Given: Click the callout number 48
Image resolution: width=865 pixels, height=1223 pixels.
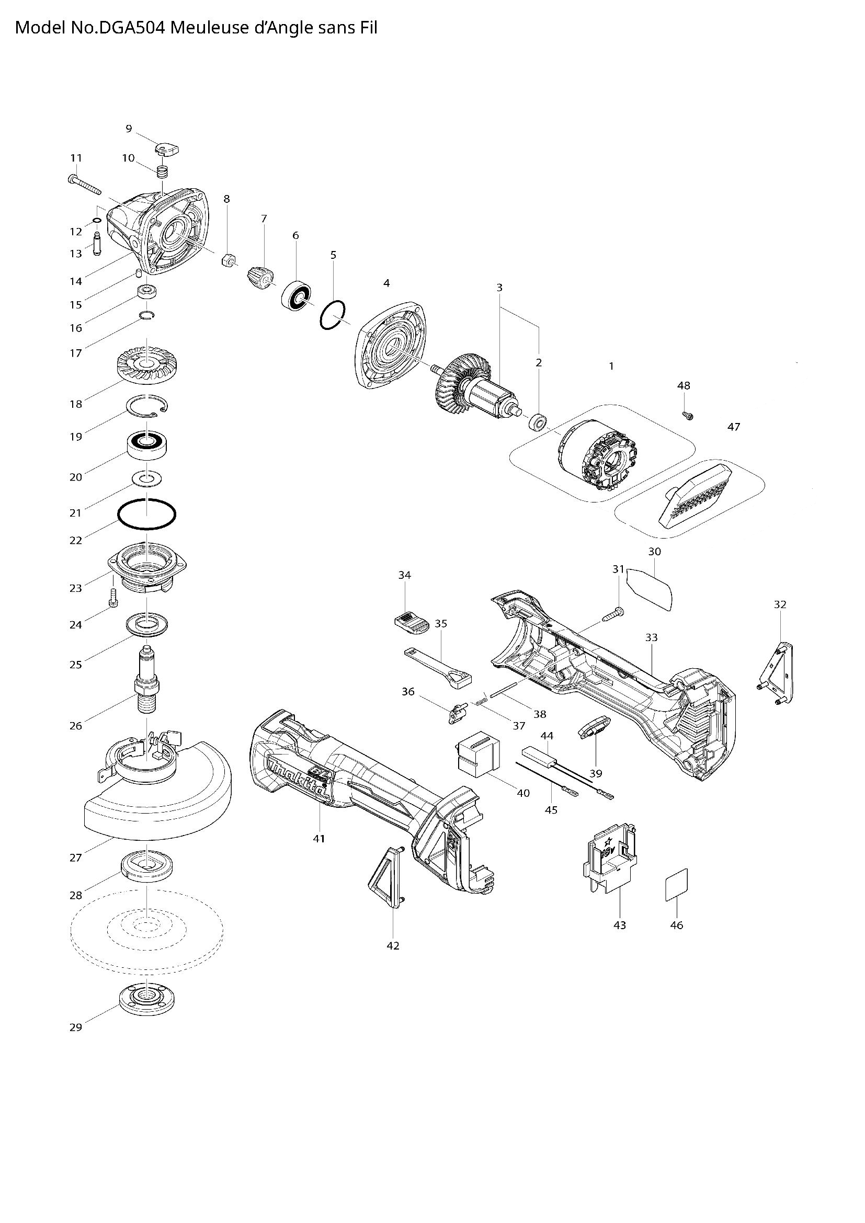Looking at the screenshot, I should point(684,385).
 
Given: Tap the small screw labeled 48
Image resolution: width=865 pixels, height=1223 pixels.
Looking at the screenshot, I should point(687,415).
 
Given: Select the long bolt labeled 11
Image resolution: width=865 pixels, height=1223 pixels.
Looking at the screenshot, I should point(85,184).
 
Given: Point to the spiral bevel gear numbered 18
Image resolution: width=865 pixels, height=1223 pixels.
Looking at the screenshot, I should point(146,364).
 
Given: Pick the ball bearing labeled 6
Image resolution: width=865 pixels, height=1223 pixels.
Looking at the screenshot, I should point(295,296).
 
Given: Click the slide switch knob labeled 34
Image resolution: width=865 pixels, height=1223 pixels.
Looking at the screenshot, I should point(412,622).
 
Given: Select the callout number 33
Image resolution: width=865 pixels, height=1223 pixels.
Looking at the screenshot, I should point(651,637).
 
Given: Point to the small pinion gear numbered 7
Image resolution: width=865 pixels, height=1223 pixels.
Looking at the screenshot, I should point(260,277).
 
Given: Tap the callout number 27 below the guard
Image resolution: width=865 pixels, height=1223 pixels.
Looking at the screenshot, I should point(76,858).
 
